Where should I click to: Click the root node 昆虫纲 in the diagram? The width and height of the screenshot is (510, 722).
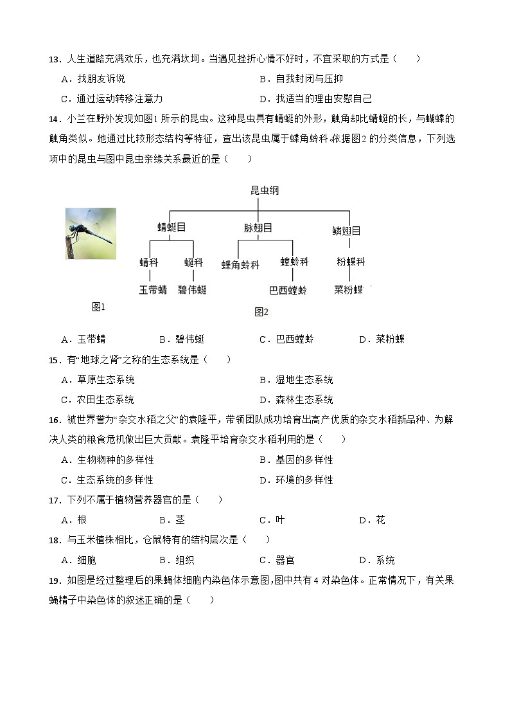click(265, 191)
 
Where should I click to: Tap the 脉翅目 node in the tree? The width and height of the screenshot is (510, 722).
click(258, 228)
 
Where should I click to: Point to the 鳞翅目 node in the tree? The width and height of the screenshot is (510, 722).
click(346, 231)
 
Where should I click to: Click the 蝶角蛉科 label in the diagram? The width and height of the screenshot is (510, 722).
click(240, 264)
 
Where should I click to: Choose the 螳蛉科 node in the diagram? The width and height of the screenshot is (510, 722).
click(294, 262)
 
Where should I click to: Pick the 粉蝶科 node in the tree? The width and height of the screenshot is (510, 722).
click(351, 262)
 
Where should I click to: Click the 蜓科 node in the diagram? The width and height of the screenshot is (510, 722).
click(193, 262)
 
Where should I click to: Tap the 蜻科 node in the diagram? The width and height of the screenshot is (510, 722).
click(148, 262)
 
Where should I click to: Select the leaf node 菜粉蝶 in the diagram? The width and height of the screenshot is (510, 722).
click(349, 289)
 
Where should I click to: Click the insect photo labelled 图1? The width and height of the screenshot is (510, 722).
click(91, 233)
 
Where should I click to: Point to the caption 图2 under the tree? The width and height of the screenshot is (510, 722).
click(261, 312)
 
